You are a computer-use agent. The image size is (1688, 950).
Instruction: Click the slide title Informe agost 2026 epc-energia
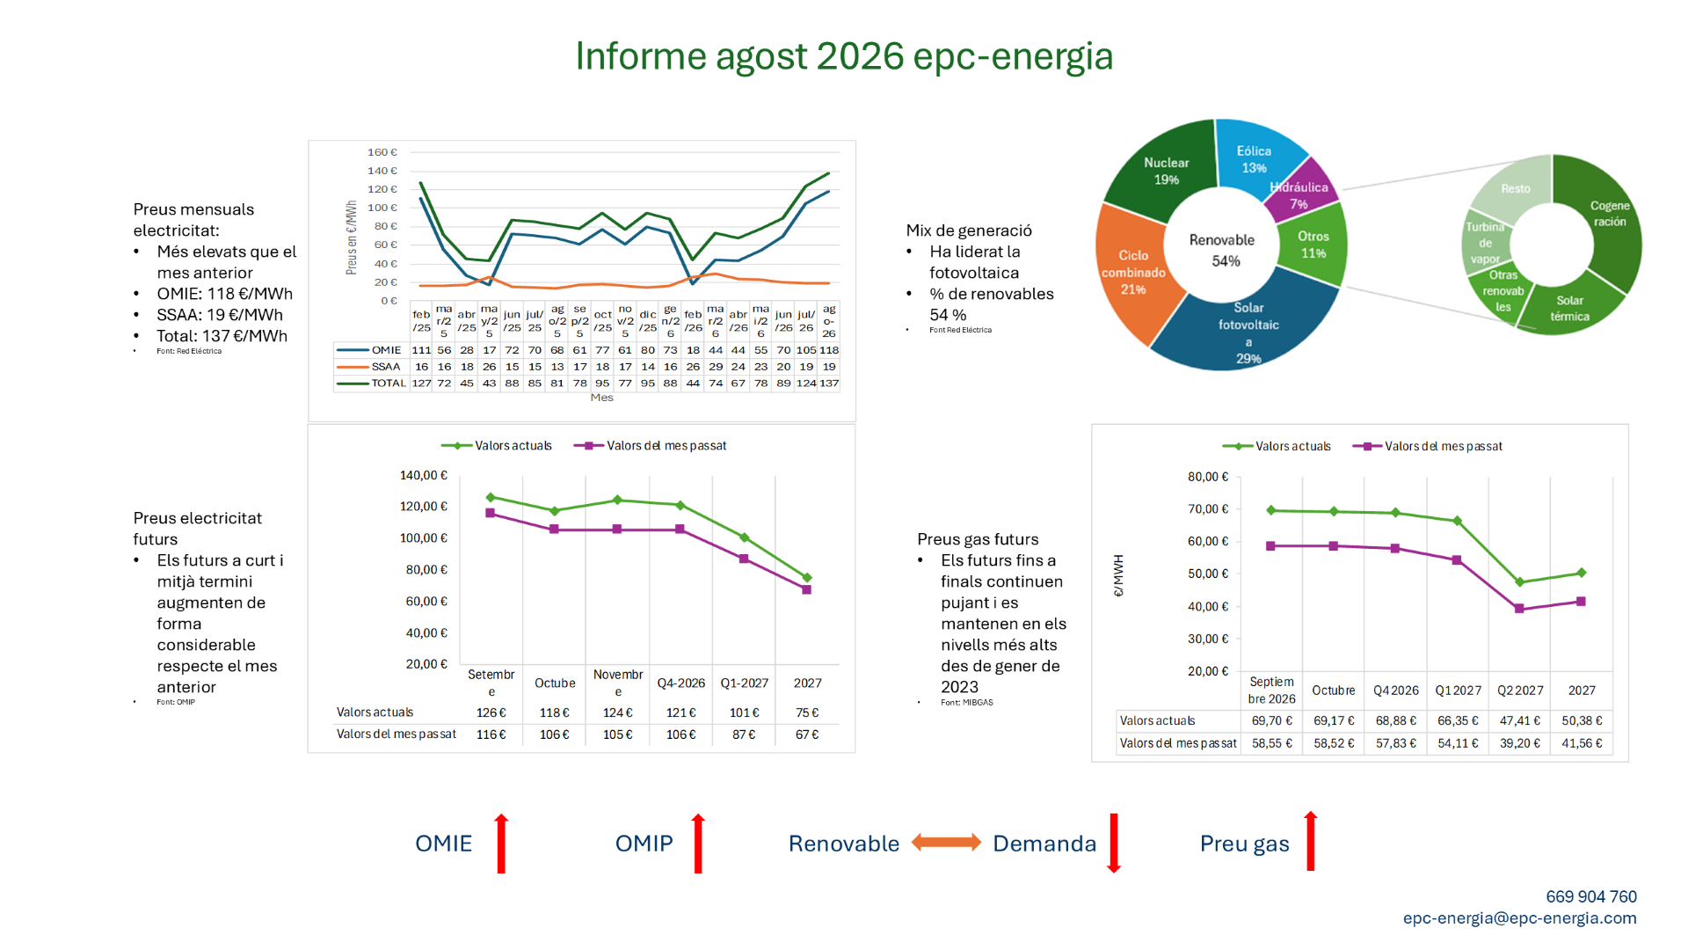844,56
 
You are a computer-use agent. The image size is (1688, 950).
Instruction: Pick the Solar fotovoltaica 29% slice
1248,330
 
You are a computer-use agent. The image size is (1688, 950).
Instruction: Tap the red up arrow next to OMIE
501,843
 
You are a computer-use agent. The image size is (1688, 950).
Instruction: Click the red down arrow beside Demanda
1114,843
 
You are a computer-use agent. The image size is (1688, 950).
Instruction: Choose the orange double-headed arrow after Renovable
946,843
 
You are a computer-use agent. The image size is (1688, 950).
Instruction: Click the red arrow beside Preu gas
1311,841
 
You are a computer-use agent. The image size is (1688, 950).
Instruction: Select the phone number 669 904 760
1591,896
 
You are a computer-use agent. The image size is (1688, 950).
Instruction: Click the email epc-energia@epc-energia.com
1520,918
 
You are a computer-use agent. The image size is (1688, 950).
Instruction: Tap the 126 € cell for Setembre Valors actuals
491,712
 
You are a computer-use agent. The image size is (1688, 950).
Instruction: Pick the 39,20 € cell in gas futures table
1520,743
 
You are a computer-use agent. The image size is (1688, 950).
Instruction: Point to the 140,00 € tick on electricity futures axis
424,475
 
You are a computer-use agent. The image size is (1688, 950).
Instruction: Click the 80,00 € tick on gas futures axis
1208,477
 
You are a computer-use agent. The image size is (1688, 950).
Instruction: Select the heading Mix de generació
969,230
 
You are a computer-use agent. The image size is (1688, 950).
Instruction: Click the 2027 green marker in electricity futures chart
807,578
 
